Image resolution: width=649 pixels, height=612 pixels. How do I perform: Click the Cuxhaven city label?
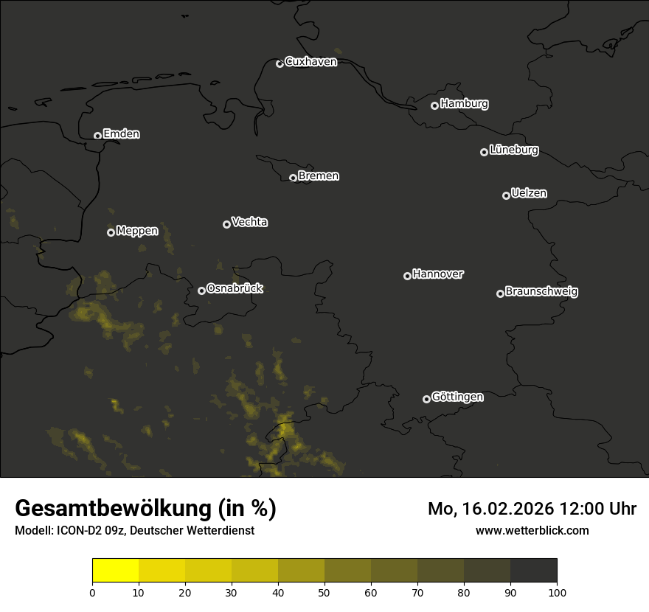[x=310, y=62]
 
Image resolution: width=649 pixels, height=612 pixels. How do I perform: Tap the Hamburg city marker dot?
[x=434, y=105]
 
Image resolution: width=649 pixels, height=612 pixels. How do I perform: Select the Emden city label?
[x=121, y=134]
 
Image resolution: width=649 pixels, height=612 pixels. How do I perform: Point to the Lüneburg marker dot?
[x=484, y=152]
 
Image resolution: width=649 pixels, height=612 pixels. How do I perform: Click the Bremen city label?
[x=319, y=176]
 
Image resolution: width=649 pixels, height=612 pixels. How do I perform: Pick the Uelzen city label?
[x=529, y=193]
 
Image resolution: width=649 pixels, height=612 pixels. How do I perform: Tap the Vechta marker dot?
[x=226, y=224]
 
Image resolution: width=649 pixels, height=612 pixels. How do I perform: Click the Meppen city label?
[x=137, y=231]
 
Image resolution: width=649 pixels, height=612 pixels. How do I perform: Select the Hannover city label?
[x=438, y=274]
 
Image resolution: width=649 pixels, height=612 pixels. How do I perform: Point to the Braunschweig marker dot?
[x=500, y=293]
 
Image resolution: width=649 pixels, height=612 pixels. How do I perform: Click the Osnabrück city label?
[x=235, y=288]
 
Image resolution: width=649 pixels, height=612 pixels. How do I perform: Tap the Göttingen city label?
[x=457, y=397]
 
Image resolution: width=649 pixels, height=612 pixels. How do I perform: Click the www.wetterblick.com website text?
[x=532, y=530]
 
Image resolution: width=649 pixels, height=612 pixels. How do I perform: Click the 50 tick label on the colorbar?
[x=324, y=591]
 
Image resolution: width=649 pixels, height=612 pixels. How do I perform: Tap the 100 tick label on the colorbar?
[x=557, y=591]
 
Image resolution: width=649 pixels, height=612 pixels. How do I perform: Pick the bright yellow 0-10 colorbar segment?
[x=116, y=571]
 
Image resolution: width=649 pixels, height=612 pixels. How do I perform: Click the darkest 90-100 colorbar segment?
[x=533, y=571]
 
